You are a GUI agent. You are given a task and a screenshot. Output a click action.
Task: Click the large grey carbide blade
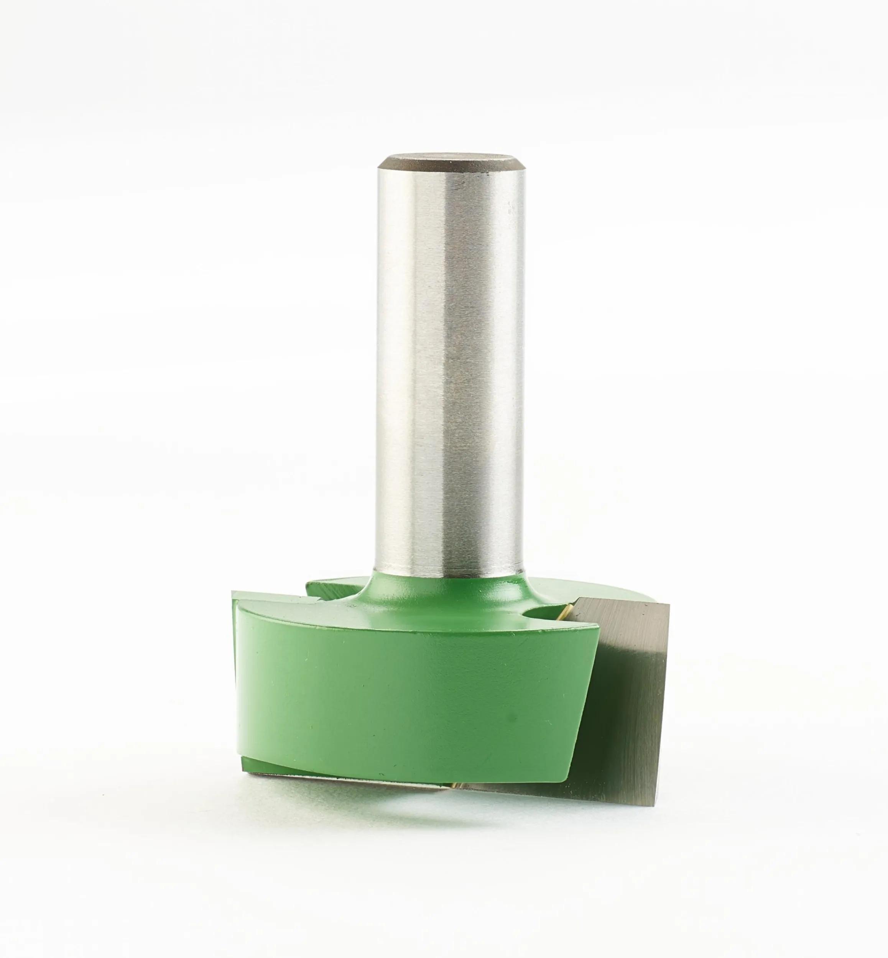tap(625, 711)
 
